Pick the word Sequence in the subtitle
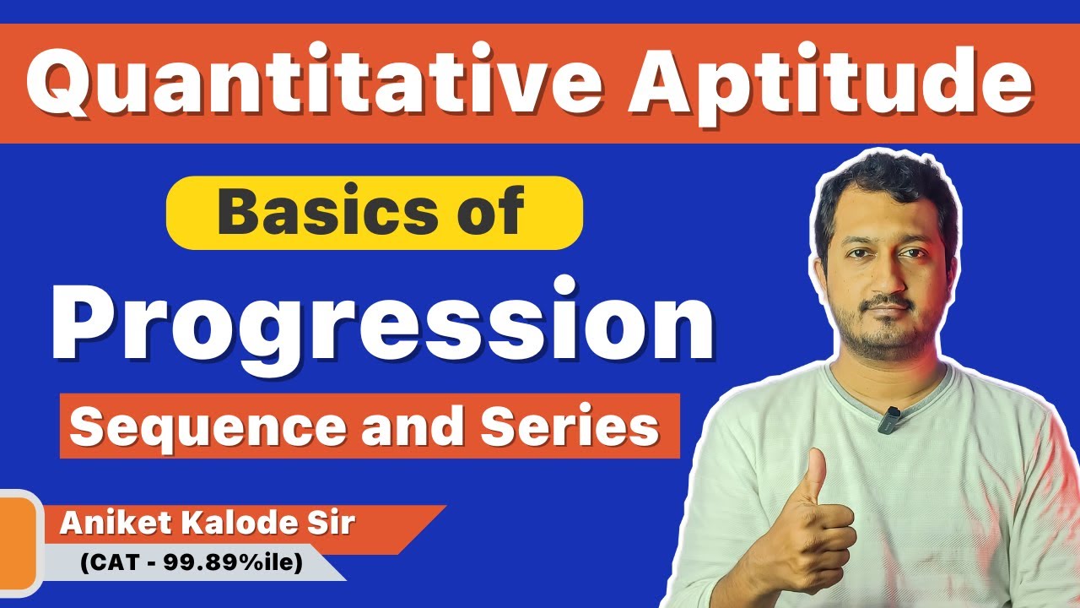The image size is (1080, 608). tap(208, 426)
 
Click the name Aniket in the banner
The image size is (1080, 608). tap(109, 524)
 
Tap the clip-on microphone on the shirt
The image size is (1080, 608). tap(888, 419)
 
